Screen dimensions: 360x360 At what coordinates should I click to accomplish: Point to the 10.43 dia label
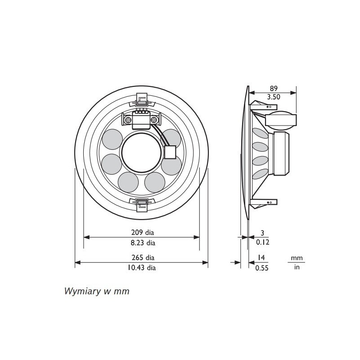[142, 268]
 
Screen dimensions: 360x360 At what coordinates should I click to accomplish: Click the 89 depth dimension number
[273, 89]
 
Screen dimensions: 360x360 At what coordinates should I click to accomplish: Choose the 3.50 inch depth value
[273, 97]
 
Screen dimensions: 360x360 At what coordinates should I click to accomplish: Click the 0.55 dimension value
[262, 268]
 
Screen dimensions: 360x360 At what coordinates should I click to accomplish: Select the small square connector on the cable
[170, 153]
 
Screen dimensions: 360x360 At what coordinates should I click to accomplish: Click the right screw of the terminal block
[154, 120]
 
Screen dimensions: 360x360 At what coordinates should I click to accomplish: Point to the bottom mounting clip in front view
[142, 204]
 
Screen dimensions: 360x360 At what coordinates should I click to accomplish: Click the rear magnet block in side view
[283, 153]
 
